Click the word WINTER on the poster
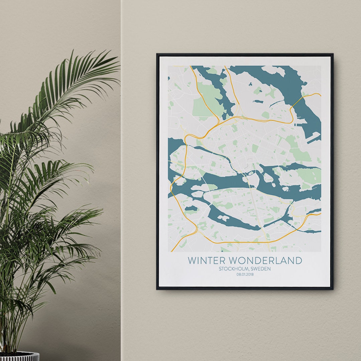pos(207,260)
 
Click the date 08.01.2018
pos(245,274)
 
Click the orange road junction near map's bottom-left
pos(197,231)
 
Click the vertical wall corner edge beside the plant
pos(121,201)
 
